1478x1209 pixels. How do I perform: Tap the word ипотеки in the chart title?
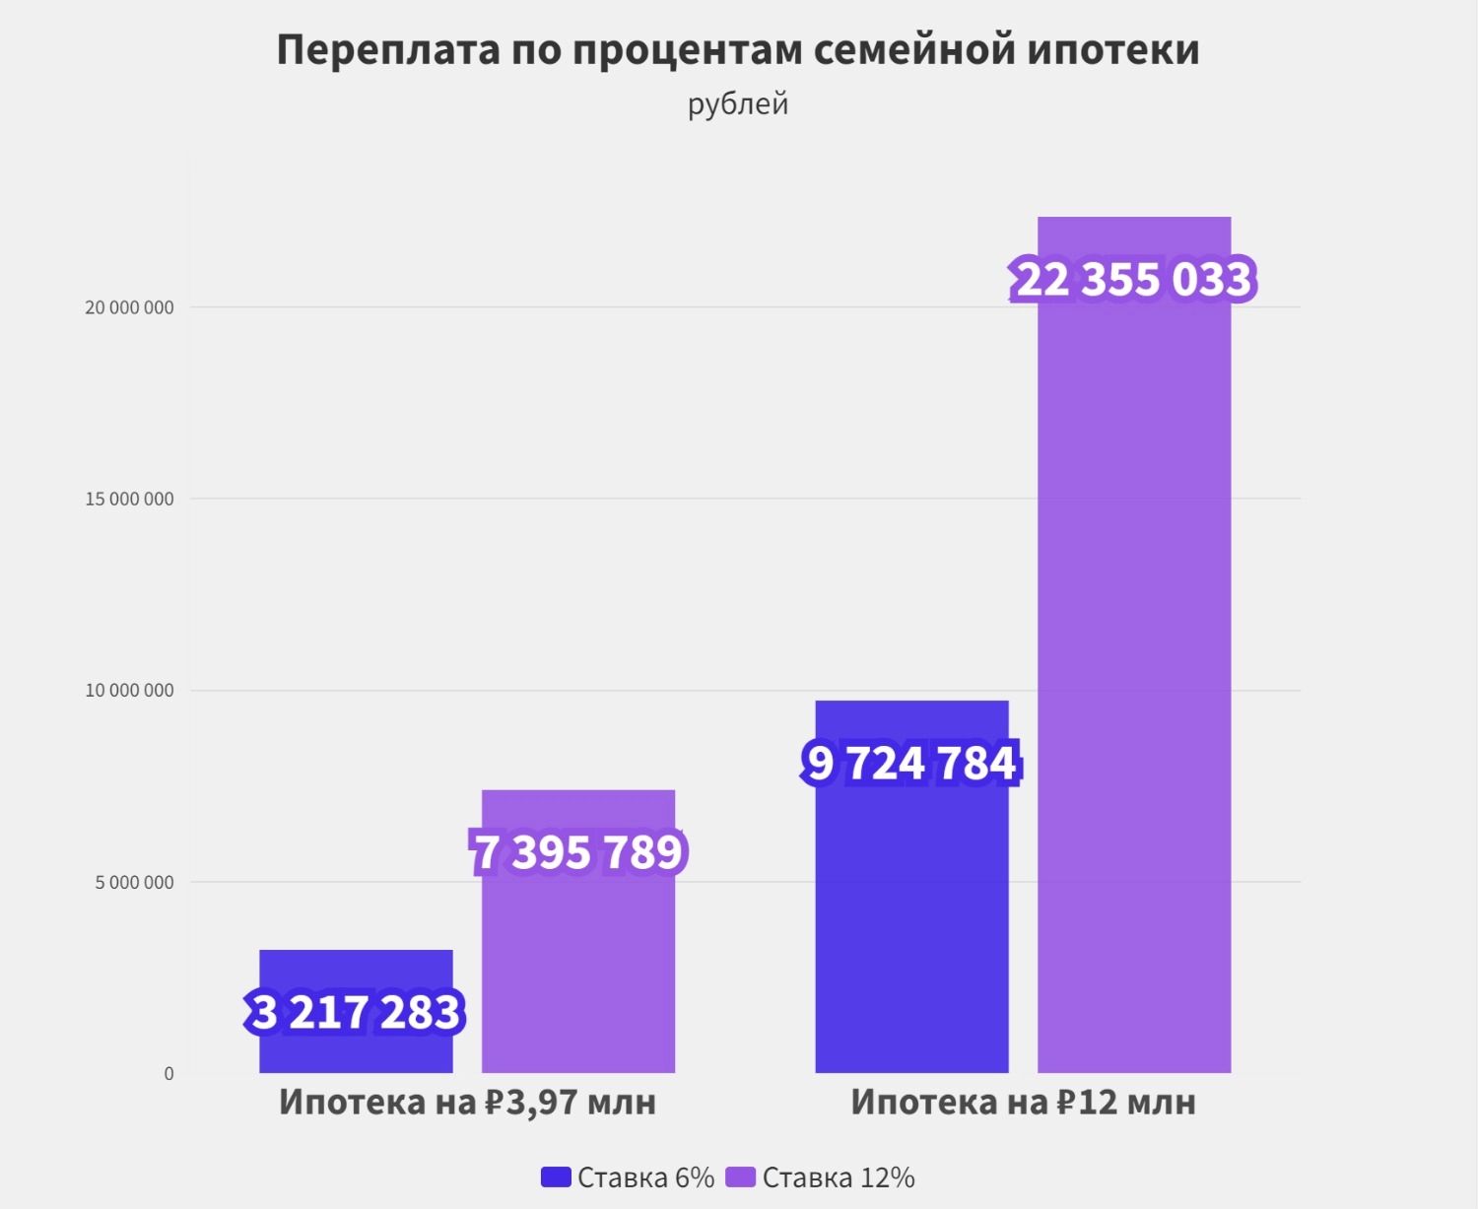click(1113, 50)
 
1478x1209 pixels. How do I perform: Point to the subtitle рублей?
click(738, 104)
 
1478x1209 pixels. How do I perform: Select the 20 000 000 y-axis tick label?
click(129, 307)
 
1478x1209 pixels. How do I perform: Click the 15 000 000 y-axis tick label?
click(129, 499)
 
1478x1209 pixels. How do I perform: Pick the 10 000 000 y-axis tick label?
click(129, 690)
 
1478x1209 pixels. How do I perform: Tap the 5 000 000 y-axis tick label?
click(134, 882)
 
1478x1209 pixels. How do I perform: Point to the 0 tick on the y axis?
click(168, 1073)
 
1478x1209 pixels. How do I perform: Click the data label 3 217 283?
click(356, 1013)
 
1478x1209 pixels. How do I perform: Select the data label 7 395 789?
click(578, 852)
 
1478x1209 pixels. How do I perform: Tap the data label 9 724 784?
click(911, 764)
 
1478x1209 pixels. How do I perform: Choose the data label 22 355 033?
click(1133, 280)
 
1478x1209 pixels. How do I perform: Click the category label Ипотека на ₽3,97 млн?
click(467, 1102)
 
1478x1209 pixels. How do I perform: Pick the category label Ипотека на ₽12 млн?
click(1023, 1102)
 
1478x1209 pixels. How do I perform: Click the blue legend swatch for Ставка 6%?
click(556, 1176)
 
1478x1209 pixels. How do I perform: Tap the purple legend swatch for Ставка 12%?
click(740, 1176)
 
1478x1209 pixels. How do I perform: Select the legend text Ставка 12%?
click(839, 1177)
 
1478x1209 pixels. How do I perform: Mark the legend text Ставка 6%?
click(645, 1177)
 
